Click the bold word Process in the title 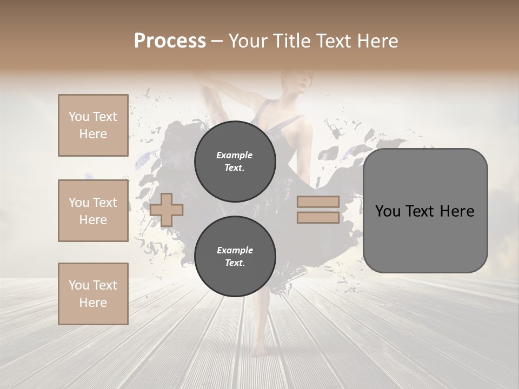click(x=170, y=41)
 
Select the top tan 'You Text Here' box click(x=93, y=125)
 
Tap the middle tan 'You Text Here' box click(x=93, y=211)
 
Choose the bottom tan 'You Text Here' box click(x=93, y=294)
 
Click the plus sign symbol click(x=167, y=209)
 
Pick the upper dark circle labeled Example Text click(x=235, y=162)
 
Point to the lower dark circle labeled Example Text click(x=235, y=257)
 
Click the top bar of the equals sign click(x=318, y=202)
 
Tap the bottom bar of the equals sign click(x=318, y=217)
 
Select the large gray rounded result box click(x=425, y=211)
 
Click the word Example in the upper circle click(x=235, y=156)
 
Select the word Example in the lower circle click(x=235, y=251)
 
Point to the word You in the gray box click(x=389, y=211)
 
